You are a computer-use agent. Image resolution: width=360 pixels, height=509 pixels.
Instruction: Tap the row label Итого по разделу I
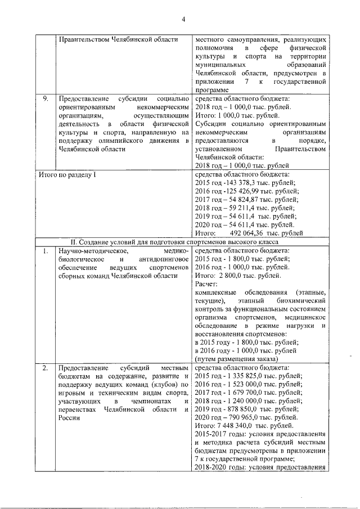[x=67, y=175]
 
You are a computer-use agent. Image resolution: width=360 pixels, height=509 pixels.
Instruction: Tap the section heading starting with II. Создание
[x=182, y=242]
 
